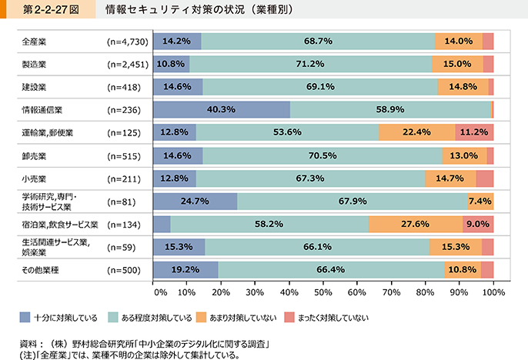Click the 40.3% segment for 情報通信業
tap(222, 110)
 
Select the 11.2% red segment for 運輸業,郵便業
tap(474, 132)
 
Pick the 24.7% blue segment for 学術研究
tap(195, 202)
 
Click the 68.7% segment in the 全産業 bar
tap(317, 42)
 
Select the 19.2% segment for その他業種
tap(186, 270)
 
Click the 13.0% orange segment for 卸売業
tap(464, 155)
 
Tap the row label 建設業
tap(34, 88)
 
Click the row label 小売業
tap(34, 178)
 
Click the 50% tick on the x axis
tap(323, 293)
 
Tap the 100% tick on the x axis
tap(493, 293)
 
